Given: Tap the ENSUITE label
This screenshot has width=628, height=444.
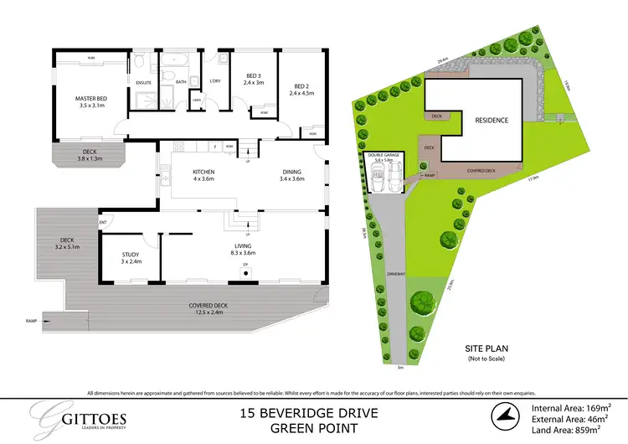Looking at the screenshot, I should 143,82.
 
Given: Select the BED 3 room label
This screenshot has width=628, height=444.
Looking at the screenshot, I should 253,76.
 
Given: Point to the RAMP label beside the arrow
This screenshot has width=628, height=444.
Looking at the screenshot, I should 32,321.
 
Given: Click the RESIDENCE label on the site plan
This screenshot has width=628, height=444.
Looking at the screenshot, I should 492,120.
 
